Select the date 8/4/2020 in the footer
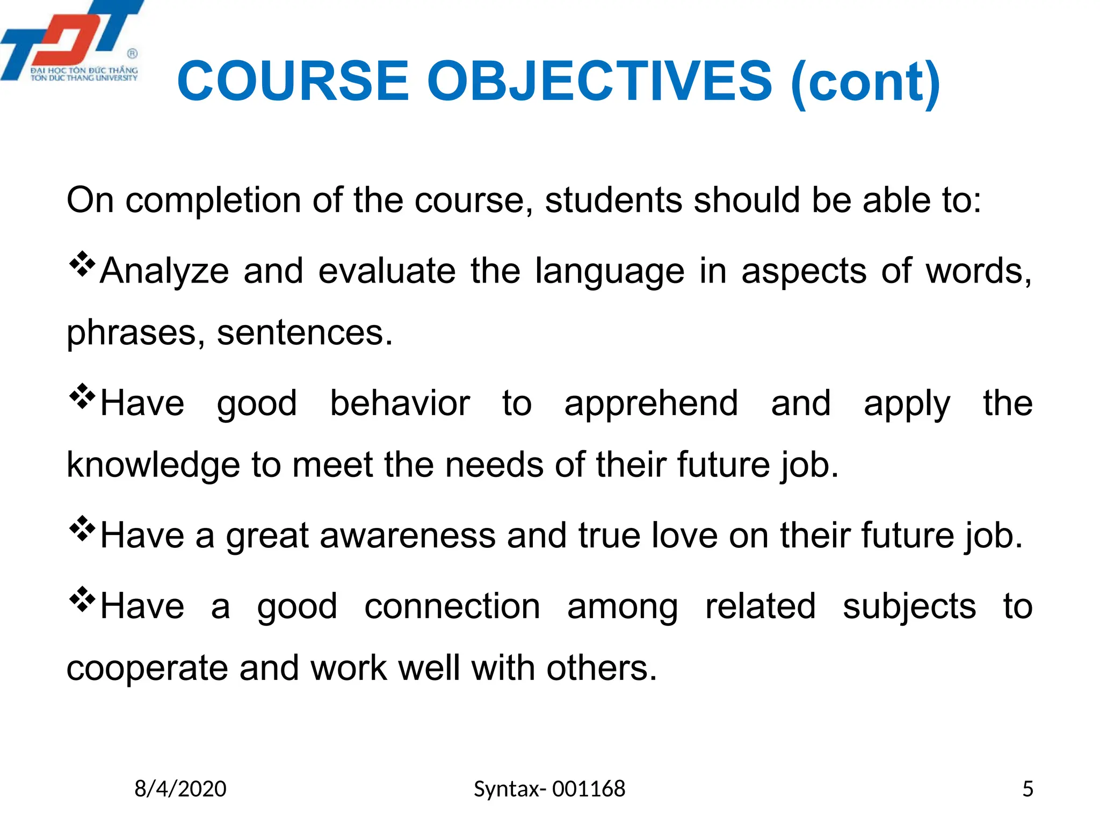180,789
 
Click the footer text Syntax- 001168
549,789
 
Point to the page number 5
1027,789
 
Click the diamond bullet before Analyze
82,264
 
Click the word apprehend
651,404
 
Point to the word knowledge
153,465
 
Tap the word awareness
408,535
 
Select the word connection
452,606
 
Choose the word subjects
909,607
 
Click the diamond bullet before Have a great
82,529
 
